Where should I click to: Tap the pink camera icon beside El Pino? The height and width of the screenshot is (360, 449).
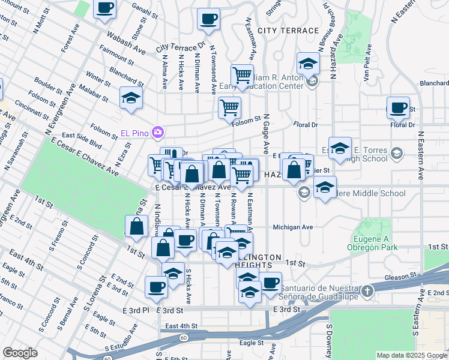click(158, 131)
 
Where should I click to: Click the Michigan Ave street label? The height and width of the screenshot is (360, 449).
click(293, 227)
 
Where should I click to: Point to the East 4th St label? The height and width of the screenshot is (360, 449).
click(181, 326)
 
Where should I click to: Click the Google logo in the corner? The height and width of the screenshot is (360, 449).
click(20, 353)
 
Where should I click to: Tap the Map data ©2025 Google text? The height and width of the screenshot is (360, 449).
click(411, 355)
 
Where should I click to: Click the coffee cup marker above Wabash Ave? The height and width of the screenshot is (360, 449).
click(105, 8)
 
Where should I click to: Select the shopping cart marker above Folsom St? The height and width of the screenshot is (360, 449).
click(229, 108)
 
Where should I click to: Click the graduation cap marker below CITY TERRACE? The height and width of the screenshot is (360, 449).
click(307, 64)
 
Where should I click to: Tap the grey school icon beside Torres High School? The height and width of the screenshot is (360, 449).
click(396, 154)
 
